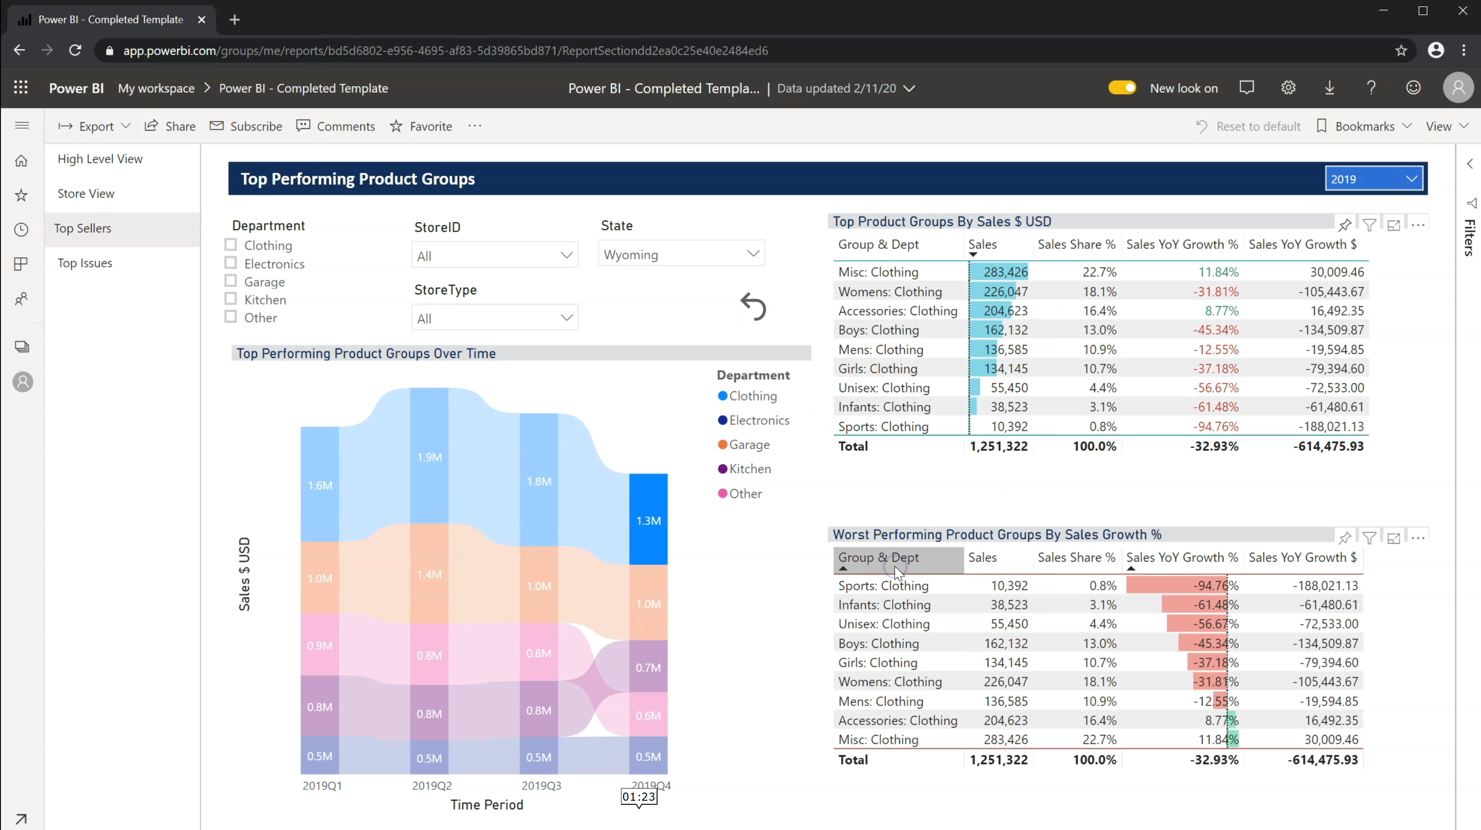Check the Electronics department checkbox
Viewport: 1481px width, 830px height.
pyautogui.click(x=230, y=263)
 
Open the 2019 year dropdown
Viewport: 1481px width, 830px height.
pyautogui.click(x=1373, y=179)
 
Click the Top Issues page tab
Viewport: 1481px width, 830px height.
pyautogui.click(x=85, y=263)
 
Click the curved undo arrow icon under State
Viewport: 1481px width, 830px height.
pyautogui.click(x=753, y=307)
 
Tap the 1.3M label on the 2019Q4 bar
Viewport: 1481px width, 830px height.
pyautogui.click(x=648, y=520)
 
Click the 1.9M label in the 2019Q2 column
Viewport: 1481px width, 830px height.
pyautogui.click(x=429, y=457)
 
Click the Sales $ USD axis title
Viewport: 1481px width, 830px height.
pyautogui.click(x=244, y=573)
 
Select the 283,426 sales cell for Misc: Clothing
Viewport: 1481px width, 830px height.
pyautogui.click(x=1005, y=272)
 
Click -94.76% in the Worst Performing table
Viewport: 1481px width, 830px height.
pyautogui.click(x=1215, y=585)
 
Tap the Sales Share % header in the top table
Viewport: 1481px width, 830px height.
pyautogui.click(x=1076, y=244)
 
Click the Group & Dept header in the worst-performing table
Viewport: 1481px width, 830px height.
pyautogui.click(x=878, y=557)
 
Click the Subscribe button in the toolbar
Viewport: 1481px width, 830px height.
pyautogui.click(x=246, y=126)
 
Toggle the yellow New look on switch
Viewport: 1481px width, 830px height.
pyautogui.click(x=1122, y=88)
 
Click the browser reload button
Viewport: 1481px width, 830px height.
pyautogui.click(x=75, y=50)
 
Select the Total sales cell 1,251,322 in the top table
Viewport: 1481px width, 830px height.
pyautogui.click(x=998, y=446)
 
